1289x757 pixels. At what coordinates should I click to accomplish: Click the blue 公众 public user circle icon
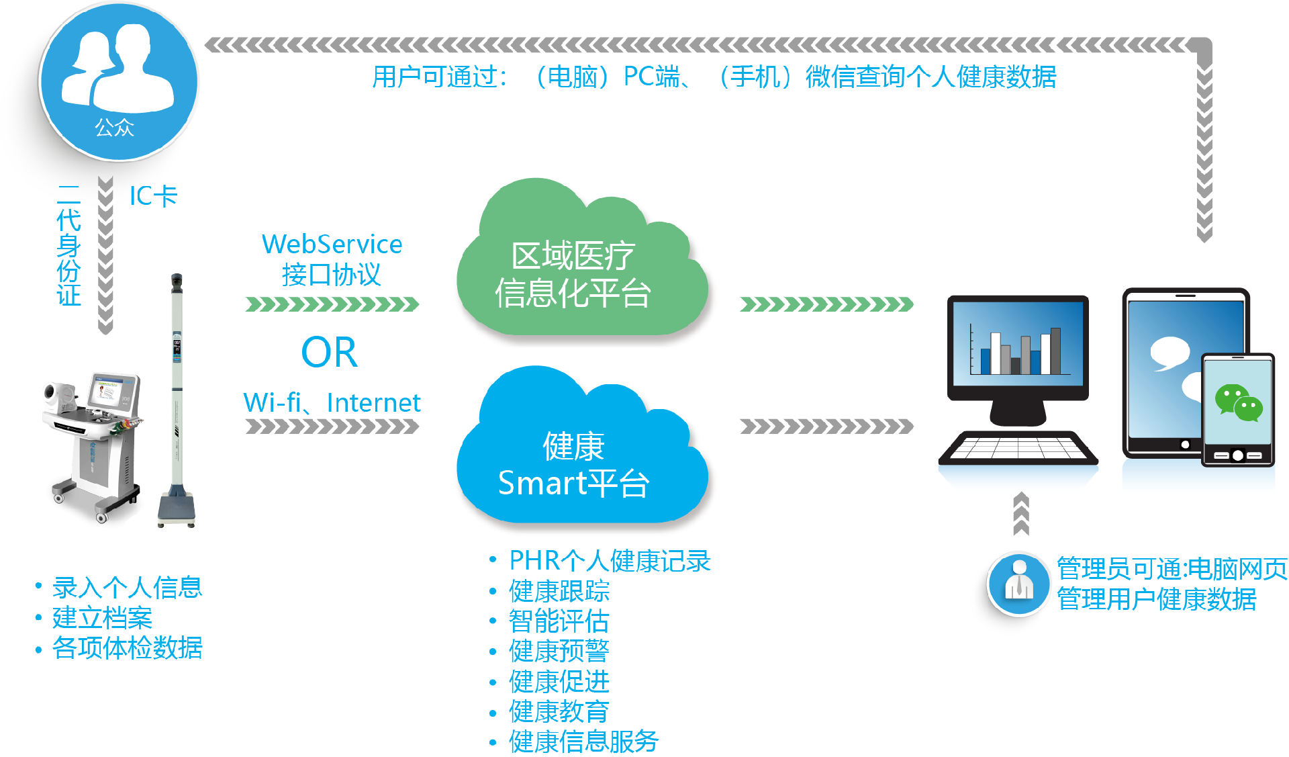click(119, 81)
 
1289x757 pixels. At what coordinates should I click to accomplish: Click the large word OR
click(330, 353)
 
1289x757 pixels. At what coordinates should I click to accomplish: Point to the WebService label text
click(332, 244)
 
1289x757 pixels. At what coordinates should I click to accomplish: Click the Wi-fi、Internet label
click(332, 403)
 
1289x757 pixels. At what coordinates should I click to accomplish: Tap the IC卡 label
click(153, 196)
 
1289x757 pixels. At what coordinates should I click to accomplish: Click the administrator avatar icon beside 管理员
click(1018, 584)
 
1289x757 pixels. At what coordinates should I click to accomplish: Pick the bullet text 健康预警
click(559, 651)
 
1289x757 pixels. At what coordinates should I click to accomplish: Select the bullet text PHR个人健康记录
click(610, 561)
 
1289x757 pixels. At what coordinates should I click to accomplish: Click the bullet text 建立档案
click(102, 618)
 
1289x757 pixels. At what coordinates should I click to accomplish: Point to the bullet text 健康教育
click(559, 711)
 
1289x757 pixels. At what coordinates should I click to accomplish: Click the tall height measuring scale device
click(177, 403)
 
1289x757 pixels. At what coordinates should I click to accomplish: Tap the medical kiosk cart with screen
click(94, 443)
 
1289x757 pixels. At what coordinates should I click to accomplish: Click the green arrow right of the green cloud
click(826, 305)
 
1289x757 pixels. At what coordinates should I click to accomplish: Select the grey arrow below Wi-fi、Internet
click(332, 427)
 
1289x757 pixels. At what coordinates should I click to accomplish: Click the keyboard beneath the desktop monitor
click(1018, 448)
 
